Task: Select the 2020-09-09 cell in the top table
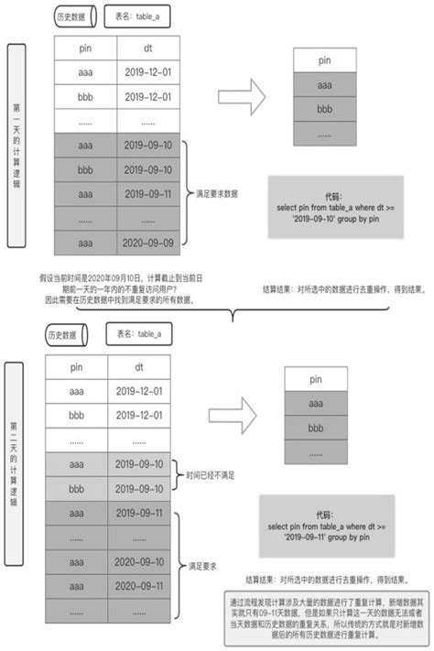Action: [x=148, y=244]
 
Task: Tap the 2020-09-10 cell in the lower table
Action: [x=140, y=561]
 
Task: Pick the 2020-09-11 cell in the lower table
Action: [x=140, y=585]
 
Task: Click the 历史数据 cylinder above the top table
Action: [x=72, y=17]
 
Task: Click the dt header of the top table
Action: [x=148, y=49]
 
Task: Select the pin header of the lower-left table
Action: [x=75, y=367]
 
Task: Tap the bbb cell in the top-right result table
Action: [x=325, y=109]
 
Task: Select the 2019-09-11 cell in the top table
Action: [x=148, y=194]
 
